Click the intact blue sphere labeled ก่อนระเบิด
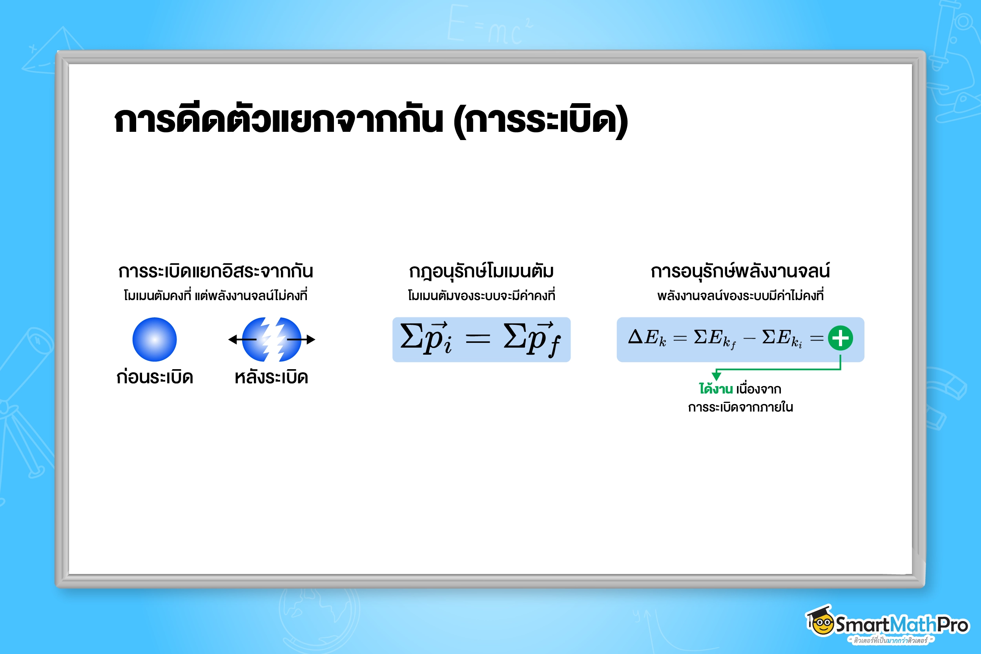click(154, 339)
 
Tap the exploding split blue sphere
click(272, 339)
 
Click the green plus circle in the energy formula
click(840, 338)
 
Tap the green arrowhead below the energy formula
click(717, 376)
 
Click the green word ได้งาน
click(716, 389)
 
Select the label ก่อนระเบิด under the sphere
click(154, 377)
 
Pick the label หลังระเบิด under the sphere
click(272, 377)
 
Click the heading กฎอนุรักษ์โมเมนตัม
click(481, 271)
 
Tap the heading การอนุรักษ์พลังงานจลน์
click(740, 271)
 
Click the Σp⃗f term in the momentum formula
click(532, 339)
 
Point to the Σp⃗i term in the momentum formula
click(425, 338)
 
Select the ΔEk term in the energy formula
click(647, 337)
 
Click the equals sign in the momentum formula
click(478, 338)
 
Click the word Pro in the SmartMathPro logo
click(953, 625)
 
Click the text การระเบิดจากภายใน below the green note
click(740, 407)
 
